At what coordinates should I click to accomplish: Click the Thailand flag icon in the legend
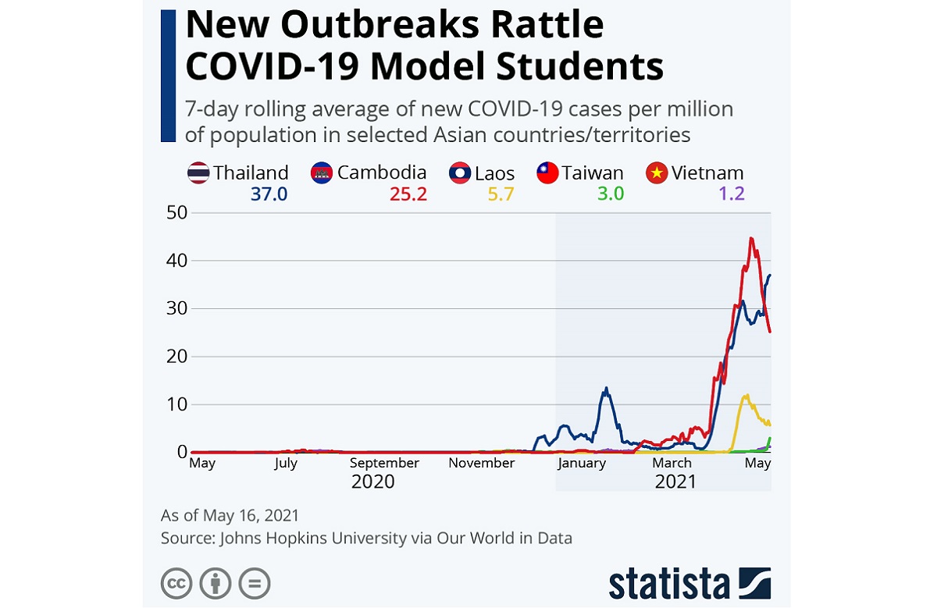click(198, 172)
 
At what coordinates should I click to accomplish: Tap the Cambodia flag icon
click(322, 172)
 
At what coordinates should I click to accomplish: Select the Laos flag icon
click(460, 172)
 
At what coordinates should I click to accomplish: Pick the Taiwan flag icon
click(547, 172)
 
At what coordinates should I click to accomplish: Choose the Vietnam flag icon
click(657, 172)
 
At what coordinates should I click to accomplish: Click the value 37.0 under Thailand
click(269, 194)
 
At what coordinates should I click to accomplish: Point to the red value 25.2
click(408, 194)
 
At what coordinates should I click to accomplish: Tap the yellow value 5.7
click(501, 194)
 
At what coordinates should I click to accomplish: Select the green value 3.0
click(611, 194)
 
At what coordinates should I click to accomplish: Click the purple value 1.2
click(732, 194)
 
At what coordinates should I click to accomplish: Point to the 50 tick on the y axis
click(177, 212)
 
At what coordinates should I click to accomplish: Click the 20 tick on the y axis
click(177, 357)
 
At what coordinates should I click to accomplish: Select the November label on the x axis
click(482, 463)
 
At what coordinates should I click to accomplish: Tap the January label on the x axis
click(582, 463)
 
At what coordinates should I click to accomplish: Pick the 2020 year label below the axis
click(372, 482)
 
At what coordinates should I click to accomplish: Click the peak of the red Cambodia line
click(750, 238)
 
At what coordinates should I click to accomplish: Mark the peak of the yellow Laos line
click(746, 395)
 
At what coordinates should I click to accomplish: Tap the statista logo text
click(669, 583)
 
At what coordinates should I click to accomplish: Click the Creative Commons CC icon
click(176, 583)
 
